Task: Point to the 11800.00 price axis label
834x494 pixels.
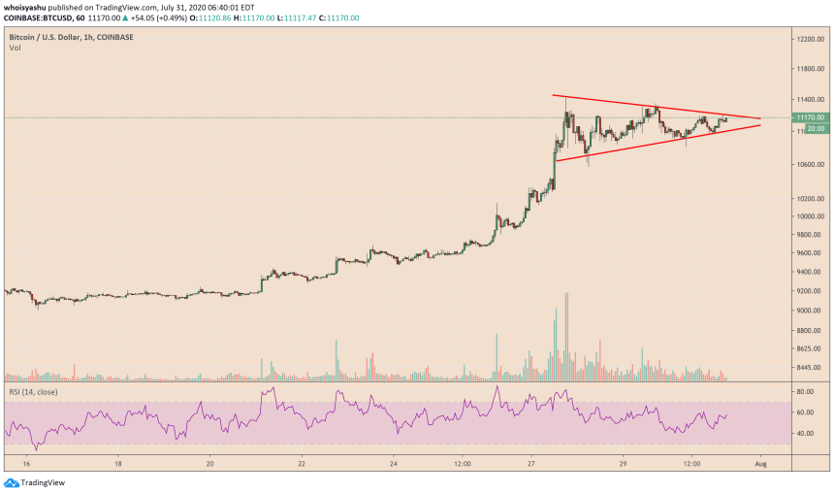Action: pos(808,69)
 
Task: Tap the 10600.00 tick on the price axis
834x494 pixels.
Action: pos(808,164)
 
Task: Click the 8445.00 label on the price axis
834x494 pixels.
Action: pos(807,368)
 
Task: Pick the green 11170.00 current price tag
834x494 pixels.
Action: pos(809,117)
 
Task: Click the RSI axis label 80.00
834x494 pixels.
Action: pos(803,392)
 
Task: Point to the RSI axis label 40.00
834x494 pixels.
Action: pos(803,433)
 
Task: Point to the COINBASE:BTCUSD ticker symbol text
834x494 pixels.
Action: pos(36,17)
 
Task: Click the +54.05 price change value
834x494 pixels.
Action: pos(158,17)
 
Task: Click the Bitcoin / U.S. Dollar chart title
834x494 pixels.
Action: pos(48,36)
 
